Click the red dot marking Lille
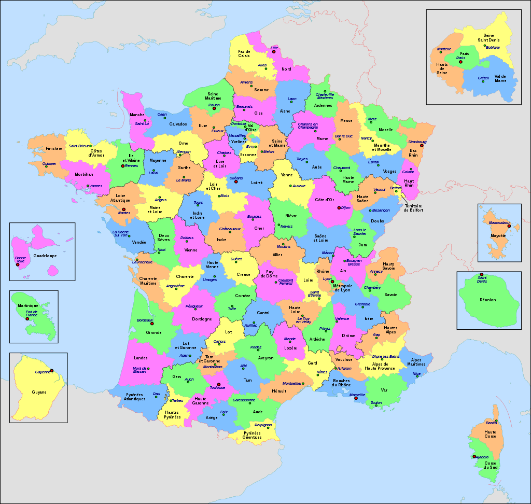pos(274,52)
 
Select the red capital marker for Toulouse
pos(218,384)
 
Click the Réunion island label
pos(487,300)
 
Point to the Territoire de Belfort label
pos(413,208)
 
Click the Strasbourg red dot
pos(422,145)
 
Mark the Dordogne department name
pos(202,319)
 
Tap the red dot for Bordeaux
pos(152,324)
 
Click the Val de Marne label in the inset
pos(500,78)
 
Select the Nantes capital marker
pos(123,209)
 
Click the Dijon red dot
pos(339,208)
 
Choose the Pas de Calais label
pos(244,53)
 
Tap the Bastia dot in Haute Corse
pos(497,420)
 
